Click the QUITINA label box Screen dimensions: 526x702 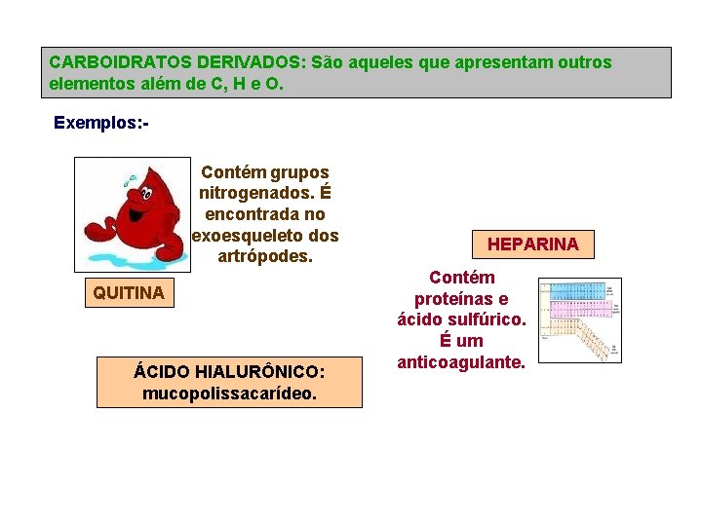[x=129, y=292]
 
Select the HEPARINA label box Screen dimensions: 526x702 [x=532, y=244]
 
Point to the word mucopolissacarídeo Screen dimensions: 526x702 [x=228, y=394]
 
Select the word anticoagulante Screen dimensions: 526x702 [x=462, y=362]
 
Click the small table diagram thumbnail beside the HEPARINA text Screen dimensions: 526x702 [x=579, y=320]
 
